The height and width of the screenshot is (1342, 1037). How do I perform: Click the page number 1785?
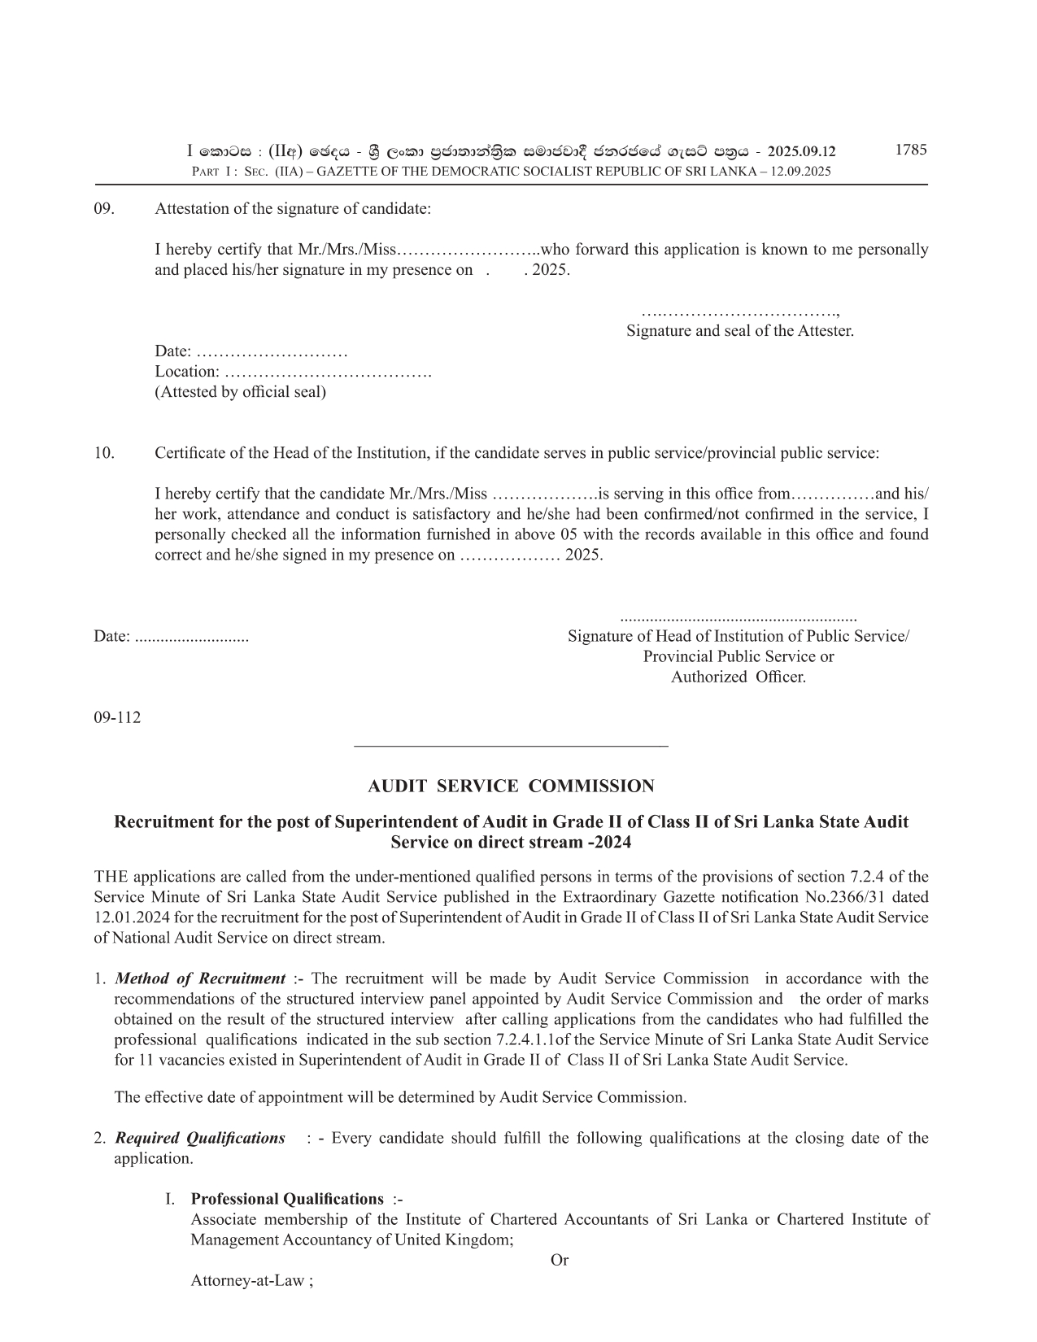(910, 150)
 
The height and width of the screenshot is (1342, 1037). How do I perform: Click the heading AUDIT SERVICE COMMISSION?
(511, 786)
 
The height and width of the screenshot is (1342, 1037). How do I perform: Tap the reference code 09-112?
(117, 717)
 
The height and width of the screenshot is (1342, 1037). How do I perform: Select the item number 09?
(104, 208)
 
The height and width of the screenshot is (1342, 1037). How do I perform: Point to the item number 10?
(104, 453)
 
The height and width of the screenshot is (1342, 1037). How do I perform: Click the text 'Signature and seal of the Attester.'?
(739, 331)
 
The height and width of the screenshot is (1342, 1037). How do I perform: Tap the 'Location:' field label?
(187, 372)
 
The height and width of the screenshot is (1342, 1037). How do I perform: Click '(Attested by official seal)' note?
(240, 392)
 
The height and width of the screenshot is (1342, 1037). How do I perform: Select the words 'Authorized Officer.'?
(738, 677)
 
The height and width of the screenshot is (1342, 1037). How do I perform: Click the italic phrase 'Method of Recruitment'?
(200, 978)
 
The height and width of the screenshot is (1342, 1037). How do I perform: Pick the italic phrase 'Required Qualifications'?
(200, 1138)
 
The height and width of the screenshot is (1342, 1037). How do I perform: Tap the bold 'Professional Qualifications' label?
(287, 1199)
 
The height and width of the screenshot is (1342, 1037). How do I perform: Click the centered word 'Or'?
(560, 1260)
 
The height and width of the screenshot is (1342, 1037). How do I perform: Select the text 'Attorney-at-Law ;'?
(252, 1281)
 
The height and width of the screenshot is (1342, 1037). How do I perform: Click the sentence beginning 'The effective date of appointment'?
(400, 1097)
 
